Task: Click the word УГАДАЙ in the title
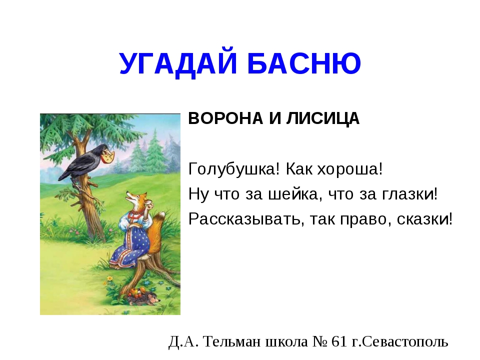point(178,64)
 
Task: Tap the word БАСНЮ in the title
point(304,63)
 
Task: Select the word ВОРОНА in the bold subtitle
point(225,118)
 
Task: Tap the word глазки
point(410,194)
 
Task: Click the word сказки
point(424,219)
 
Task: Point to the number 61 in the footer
point(339,341)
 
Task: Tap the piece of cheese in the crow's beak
point(108,156)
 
